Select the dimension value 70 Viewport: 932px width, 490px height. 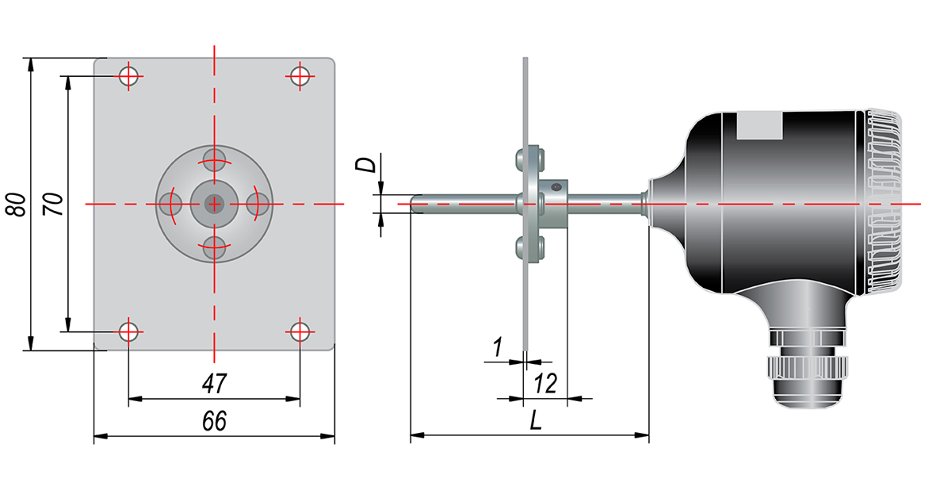(x=53, y=204)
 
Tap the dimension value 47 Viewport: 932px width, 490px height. (x=214, y=385)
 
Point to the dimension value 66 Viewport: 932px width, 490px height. (x=214, y=422)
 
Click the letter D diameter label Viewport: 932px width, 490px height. (x=365, y=165)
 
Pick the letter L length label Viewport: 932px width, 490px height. (x=536, y=421)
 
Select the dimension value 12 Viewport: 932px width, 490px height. (x=544, y=385)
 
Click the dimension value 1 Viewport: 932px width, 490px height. (x=498, y=347)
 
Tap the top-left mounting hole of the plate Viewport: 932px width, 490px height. (x=129, y=76)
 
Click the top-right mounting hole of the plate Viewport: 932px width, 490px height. (x=300, y=76)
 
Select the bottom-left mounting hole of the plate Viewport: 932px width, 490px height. (x=129, y=331)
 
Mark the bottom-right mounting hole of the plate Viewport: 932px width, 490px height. (x=300, y=331)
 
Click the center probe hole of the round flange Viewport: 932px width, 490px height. (x=214, y=204)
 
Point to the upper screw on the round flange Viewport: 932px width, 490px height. (x=214, y=159)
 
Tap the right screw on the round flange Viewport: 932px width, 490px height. (x=258, y=204)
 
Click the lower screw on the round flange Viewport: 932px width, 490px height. (x=214, y=247)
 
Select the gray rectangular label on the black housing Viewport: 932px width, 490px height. (x=760, y=125)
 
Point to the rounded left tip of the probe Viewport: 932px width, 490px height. (x=414, y=204)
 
